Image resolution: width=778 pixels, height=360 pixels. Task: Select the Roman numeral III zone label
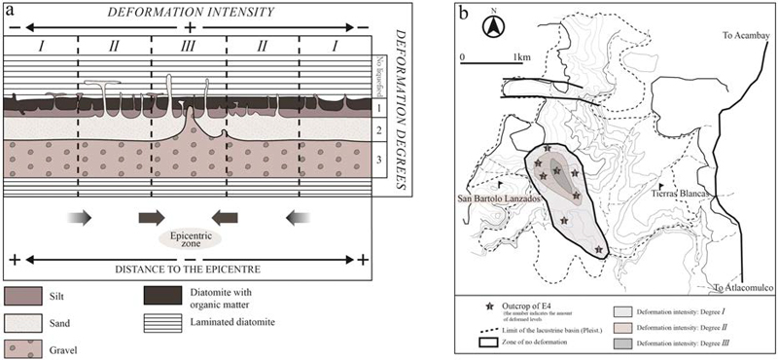(x=188, y=45)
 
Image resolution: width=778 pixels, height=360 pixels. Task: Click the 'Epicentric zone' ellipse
(x=189, y=236)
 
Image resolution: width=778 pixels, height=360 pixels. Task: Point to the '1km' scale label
(x=521, y=55)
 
